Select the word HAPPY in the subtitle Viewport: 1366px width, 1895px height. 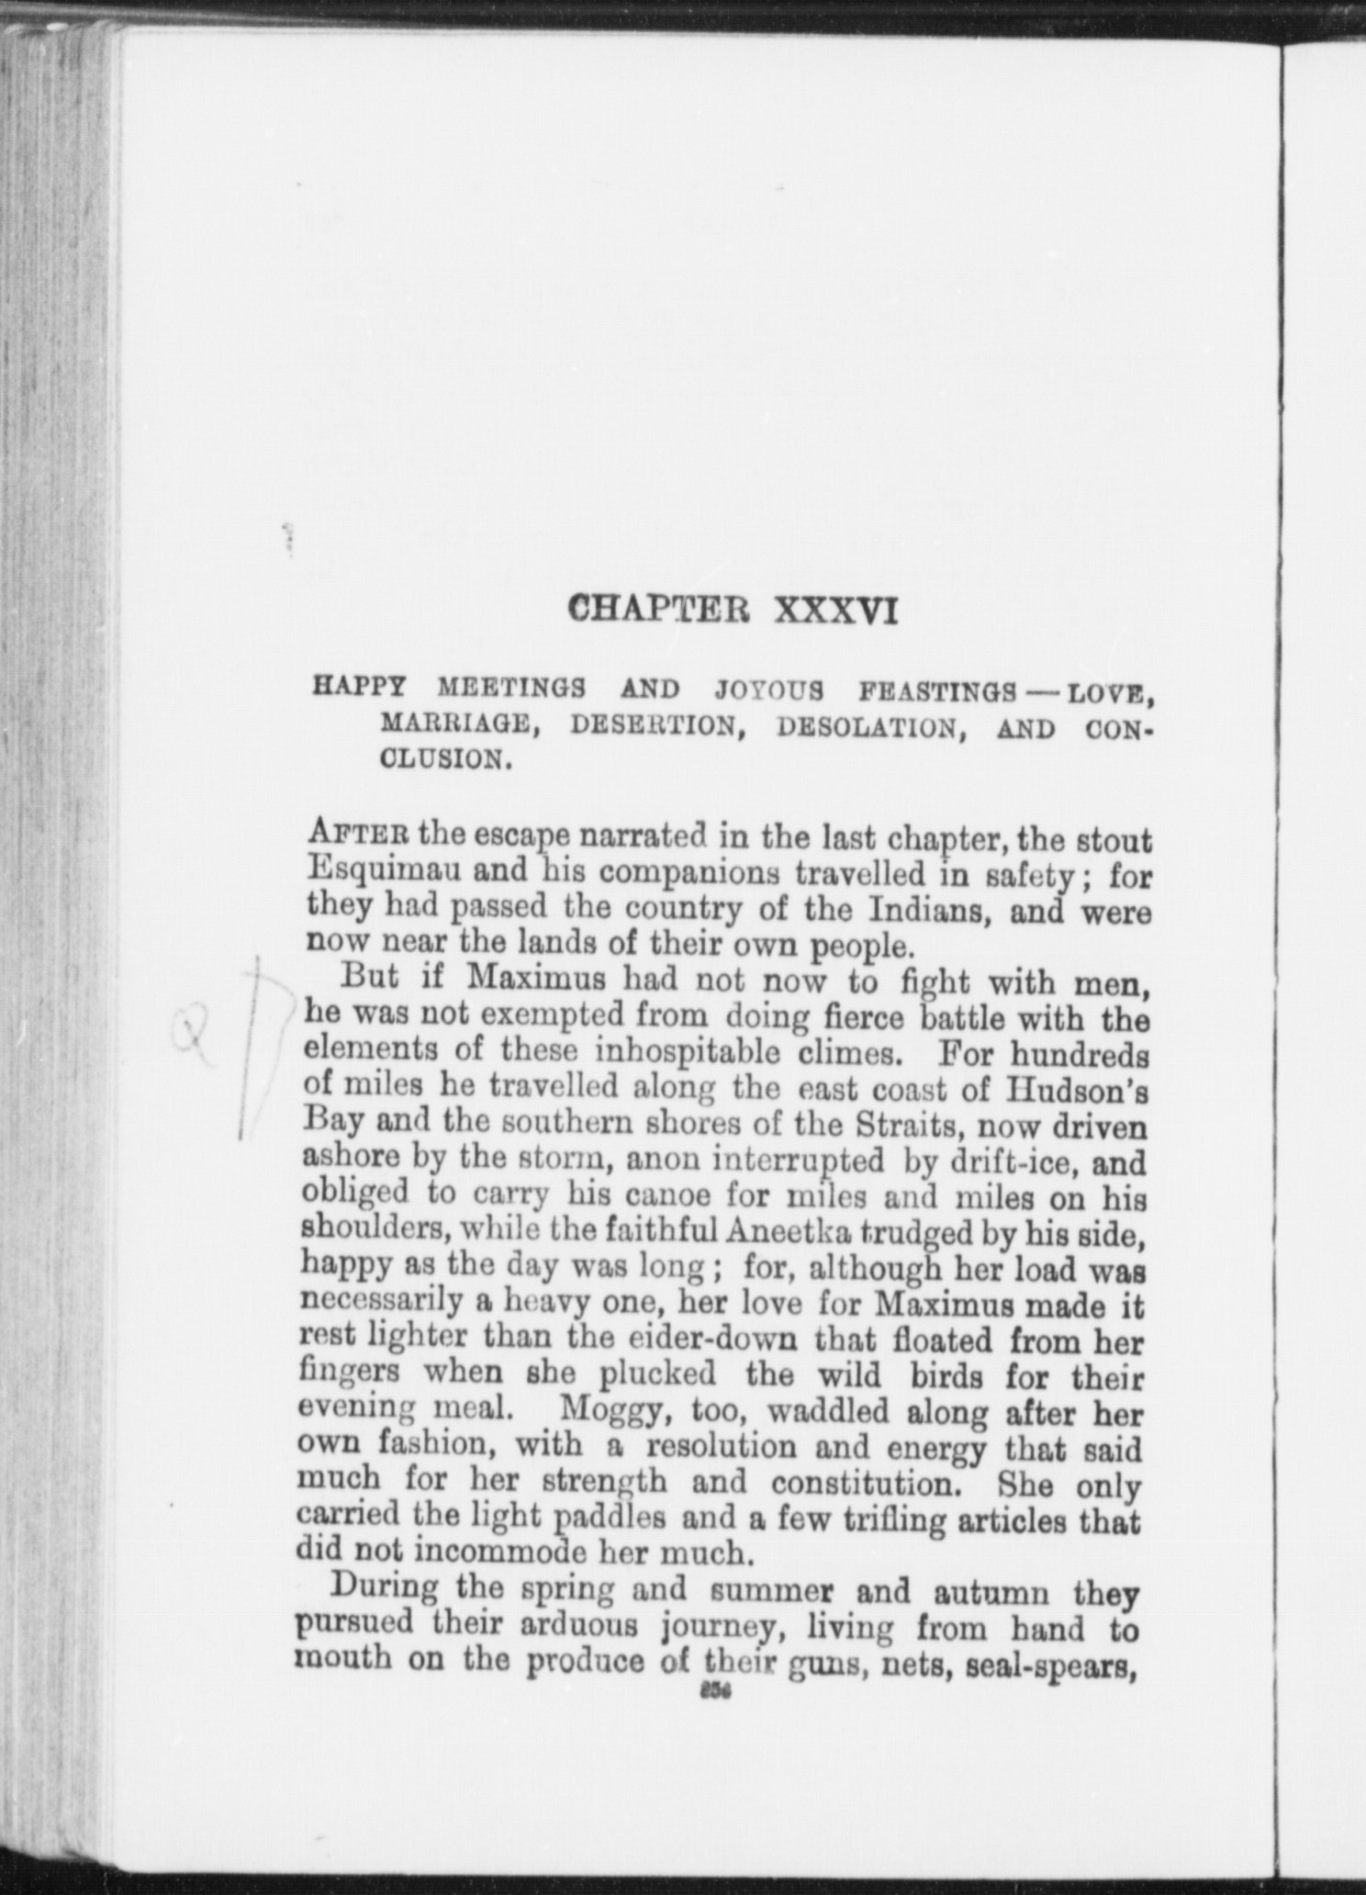(358, 688)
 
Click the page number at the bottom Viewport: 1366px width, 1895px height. (713, 1695)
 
